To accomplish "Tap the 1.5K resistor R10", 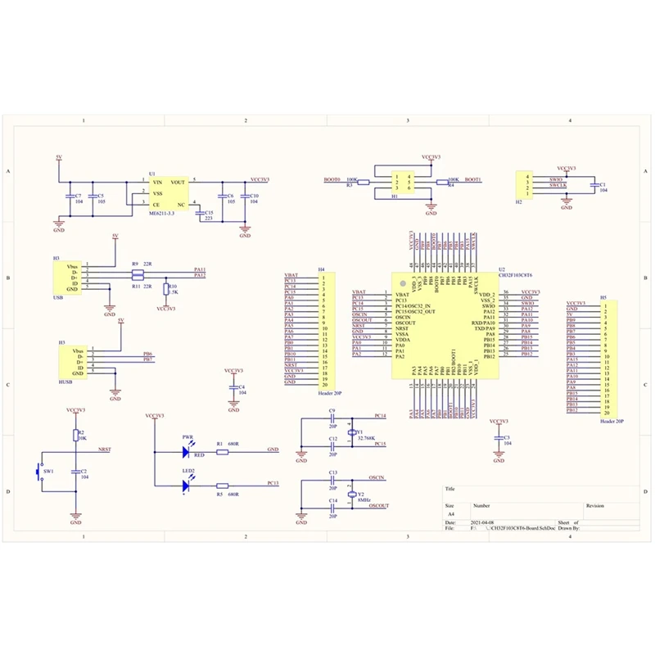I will (x=166, y=289).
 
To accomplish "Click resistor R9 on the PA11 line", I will (x=137, y=269).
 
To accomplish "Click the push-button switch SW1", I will (x=37, y=472).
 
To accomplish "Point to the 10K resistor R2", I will (x=75, y=435).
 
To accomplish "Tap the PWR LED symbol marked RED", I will (x=187, y=449).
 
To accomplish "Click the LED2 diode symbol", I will (x=187, y=485).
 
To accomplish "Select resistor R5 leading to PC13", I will (x=222, y=485).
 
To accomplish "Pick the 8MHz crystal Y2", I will (x=352, y=495).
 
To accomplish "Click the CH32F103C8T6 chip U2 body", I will (x=441, y=327).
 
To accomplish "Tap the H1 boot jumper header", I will (x=401, y=183).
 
